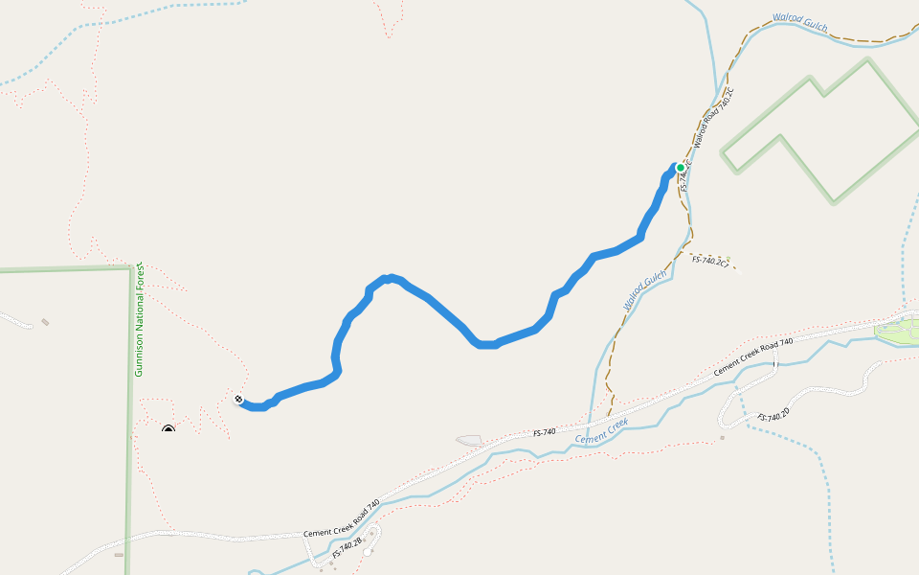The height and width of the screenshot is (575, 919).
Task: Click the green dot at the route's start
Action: point(681,168)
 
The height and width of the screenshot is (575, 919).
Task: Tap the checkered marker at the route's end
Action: point(238,399)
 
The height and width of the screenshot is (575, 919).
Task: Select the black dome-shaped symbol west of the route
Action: point(168,429)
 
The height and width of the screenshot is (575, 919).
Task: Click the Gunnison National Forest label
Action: point(139,318)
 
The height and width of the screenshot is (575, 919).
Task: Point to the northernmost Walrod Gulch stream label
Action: point(799,23)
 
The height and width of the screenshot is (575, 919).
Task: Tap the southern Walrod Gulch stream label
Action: point(644,291)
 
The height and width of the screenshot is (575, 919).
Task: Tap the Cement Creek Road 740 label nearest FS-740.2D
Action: point(753,357)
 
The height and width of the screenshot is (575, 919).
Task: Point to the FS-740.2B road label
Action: point(347,548)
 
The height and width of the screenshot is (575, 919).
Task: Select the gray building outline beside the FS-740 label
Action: point(469,441)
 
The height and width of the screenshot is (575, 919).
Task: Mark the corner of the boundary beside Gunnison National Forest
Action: point(129,268)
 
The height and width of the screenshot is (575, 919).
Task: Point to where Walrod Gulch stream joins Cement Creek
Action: point(590,423)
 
